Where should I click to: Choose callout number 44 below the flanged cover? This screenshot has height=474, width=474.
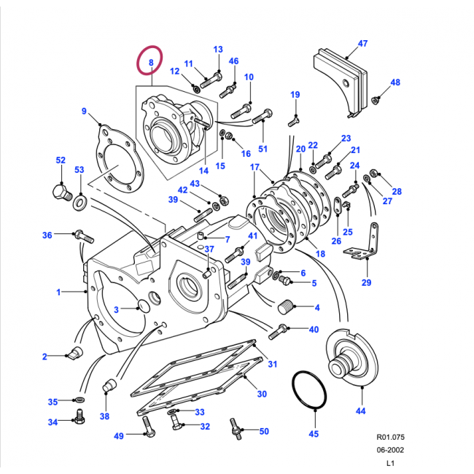360,411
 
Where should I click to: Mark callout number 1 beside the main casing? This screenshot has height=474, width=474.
58,292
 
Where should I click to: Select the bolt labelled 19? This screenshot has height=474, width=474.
294,121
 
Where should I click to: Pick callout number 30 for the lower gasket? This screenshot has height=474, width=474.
262,394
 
